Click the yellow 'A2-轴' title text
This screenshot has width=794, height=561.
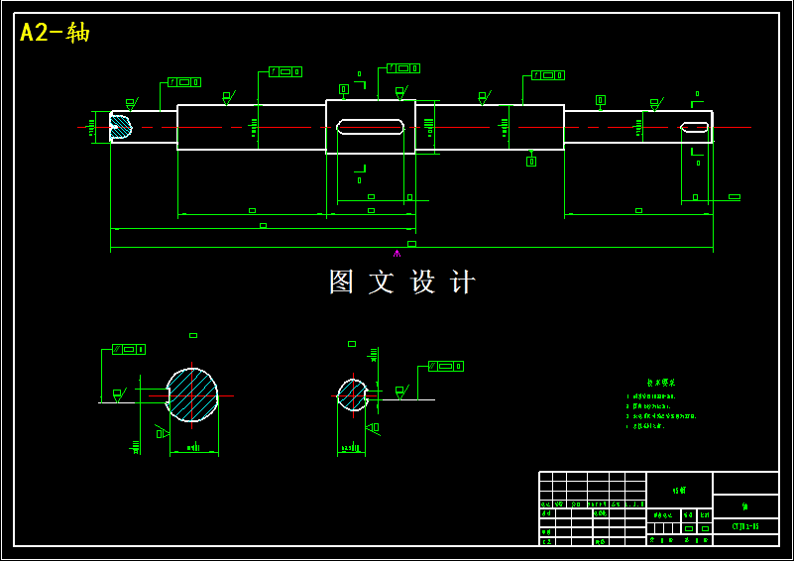pos(55,33)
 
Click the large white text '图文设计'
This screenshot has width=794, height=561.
pos(402,282)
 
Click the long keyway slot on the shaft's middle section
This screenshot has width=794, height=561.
pos(370,127)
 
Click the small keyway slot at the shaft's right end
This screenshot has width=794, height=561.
pos(695,127)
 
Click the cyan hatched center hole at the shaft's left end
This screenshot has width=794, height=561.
pos(119,126)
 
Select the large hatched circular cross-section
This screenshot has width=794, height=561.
pos(191,394)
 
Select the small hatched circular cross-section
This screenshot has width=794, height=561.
pos(352,394)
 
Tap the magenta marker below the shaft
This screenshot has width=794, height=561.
pos(397,254)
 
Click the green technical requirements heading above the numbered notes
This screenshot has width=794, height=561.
pos(661,382)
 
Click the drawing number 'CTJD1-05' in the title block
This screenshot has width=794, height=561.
pos(745,526)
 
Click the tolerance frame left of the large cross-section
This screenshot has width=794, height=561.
pos(129,349)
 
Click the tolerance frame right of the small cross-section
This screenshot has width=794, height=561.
pos(446,367)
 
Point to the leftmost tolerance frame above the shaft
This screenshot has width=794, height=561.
pos(184,82)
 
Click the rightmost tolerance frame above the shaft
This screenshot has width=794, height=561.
pos(548,75)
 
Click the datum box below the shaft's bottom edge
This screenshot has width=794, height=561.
pos(531,161)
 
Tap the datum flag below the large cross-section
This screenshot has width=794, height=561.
pos(161,433)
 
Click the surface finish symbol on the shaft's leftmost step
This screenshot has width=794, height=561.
pos(130,102)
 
